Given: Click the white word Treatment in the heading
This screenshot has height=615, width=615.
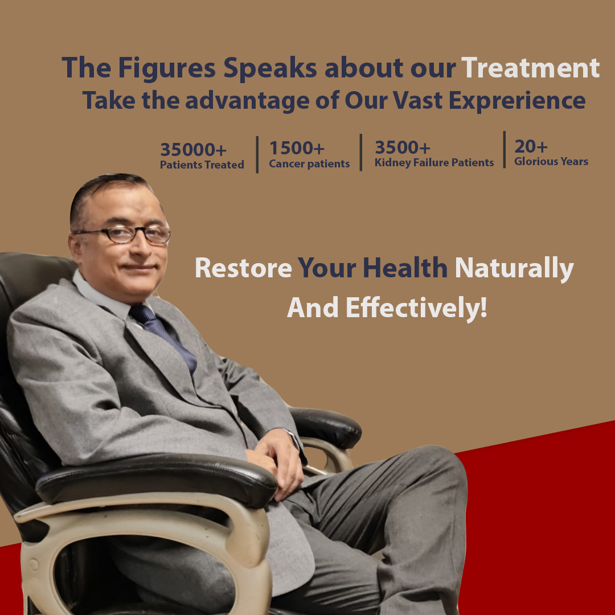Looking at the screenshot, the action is (x=530, y=67).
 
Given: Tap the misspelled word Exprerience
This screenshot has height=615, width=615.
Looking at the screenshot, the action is (x=517, y=100).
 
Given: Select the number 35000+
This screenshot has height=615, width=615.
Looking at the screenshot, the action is (x=194, y=149).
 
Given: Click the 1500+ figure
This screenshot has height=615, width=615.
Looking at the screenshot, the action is (x=297, y=148).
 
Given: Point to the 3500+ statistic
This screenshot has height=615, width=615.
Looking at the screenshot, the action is (x=403, y=147).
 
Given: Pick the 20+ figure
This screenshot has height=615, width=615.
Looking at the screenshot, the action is (x=531, y=146).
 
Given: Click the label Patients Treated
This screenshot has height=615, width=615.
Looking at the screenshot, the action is (x=202, y=165).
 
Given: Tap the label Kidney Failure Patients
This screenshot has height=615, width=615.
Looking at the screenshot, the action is (x=434, y=162).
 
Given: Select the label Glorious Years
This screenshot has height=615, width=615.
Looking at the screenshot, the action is (x=551, y=161).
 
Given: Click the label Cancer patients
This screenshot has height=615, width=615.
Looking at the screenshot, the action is (x=309, y=163).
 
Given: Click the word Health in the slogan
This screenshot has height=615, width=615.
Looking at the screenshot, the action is (x=405, y=268).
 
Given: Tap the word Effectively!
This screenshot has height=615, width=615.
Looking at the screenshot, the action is (x=416, y=307).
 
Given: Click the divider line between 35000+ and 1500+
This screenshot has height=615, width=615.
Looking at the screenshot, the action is (x=257, y=154).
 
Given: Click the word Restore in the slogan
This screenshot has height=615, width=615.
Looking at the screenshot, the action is (x=243, y=268).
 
